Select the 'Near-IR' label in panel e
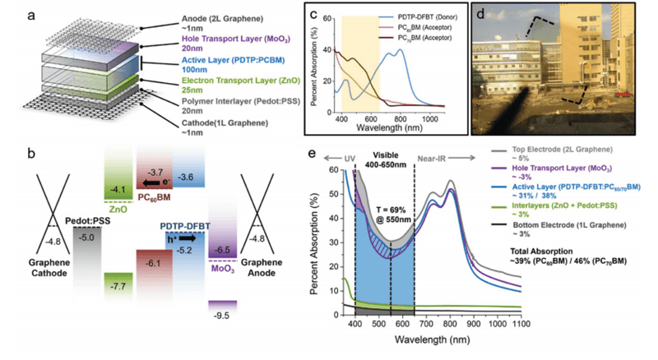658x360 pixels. (443, 155)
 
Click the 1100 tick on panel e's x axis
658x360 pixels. (520, 327)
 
